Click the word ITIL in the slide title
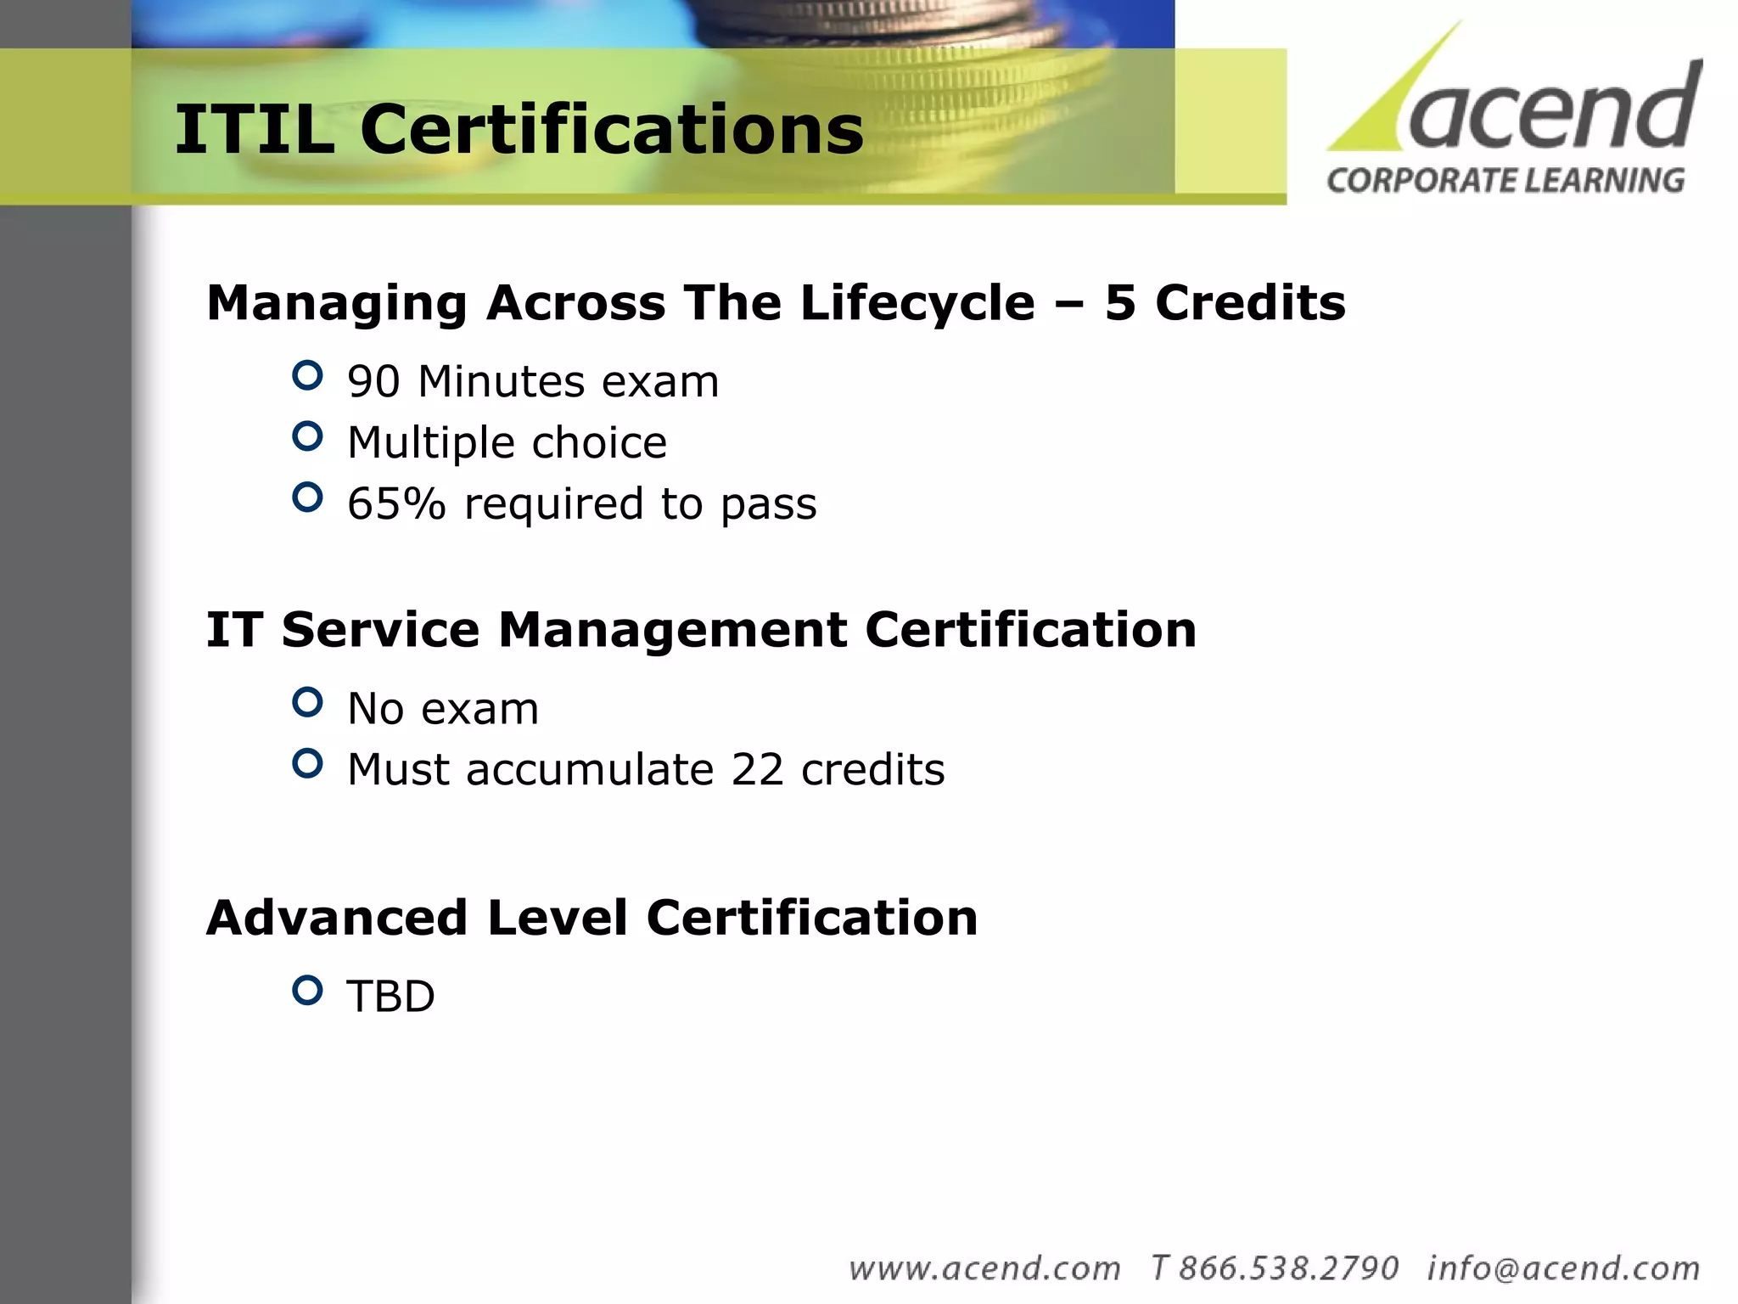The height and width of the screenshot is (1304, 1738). [254, 129]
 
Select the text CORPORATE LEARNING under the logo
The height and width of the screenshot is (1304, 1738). [1505, 181]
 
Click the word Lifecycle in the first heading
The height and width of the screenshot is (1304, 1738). [917, 303]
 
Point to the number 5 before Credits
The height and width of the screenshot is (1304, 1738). [1120, 303]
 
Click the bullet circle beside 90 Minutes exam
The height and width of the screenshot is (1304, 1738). [307, 375]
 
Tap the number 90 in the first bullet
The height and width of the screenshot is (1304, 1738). [373, 382]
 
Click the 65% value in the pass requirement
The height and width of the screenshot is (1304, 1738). [396, 504]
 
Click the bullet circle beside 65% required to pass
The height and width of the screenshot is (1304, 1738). [307, 497]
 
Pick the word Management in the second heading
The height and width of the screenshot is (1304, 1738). [672, 631]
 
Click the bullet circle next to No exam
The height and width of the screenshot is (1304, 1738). [307, 702]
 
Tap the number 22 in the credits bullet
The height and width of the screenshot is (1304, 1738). [757, 770]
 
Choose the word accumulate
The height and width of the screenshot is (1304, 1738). [590, 770]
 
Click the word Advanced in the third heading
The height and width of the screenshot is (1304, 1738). [337, 919]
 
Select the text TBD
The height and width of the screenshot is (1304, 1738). [390, 997]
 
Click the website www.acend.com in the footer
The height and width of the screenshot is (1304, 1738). [984, 1268]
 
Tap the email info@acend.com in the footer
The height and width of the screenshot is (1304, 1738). [1563, 1268]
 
